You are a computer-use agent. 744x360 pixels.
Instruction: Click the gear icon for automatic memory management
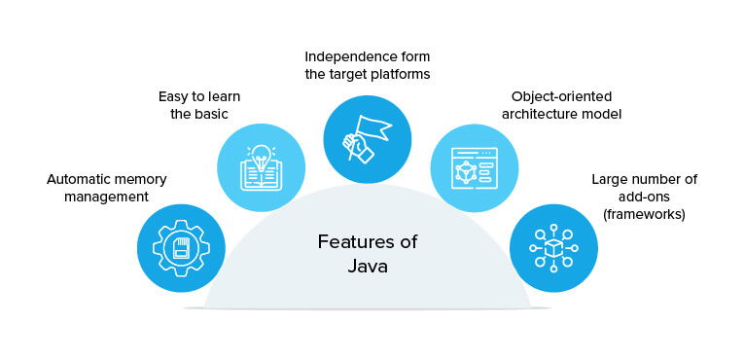(x=181, y=247)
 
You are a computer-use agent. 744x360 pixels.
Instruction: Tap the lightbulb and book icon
(x=261, y=167)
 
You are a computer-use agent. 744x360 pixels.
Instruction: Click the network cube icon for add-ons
(x=553, y=247)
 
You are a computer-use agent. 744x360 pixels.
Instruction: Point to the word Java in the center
(x=367, y=266)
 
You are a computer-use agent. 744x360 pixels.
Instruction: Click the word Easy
(x=175, y=96)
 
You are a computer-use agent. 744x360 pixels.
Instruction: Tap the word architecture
(x=539, y=114)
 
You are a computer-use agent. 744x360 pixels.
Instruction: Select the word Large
(x=611, y=179)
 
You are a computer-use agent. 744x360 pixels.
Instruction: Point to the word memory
(x=136, y=179)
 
